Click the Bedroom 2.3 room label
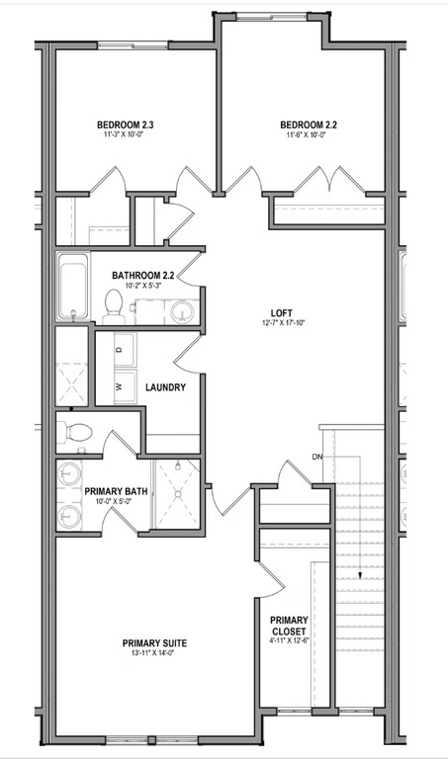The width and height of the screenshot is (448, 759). (x=125, y=125)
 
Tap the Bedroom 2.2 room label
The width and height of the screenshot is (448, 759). (x=309, y=125)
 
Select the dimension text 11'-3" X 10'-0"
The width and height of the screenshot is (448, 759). (x=125, y=136)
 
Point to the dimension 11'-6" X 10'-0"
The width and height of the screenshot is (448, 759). (x=309, y=136)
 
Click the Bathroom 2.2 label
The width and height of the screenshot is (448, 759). (x=143, y=275)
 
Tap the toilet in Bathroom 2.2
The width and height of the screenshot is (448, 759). (x=114, y=308)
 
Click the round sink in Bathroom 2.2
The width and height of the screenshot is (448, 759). (x=183, y=312)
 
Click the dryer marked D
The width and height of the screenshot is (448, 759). (x=120, y=349)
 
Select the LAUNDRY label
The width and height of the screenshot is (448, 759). (x=165, y=387)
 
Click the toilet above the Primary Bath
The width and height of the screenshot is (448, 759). (x=76, y=432)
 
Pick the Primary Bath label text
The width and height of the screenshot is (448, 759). (x=117, y=491)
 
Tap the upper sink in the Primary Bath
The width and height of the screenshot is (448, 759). (x=69, y=472)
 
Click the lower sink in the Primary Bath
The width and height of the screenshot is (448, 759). (x=69, y=515)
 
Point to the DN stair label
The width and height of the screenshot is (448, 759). (x=318, y=457)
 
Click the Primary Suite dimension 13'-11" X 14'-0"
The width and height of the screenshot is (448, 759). (x=154, y=654)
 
